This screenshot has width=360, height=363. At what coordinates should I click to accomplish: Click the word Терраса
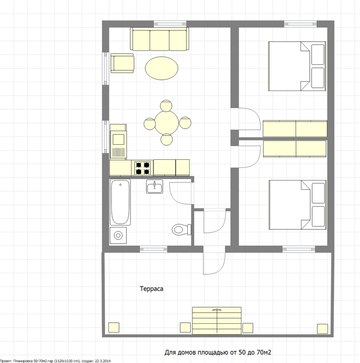[151, 289]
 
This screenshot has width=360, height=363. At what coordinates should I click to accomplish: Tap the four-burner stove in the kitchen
[142, 168]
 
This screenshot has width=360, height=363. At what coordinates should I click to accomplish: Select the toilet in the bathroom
[181, 229]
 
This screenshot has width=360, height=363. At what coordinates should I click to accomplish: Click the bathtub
[120, 202]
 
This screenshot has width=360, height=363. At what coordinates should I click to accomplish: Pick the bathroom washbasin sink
[154, 187]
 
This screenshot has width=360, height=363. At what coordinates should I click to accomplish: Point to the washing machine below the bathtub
[118, 235]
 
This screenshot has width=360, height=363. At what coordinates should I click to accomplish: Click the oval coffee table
[162, 68]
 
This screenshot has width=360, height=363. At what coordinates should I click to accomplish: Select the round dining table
[166, 123]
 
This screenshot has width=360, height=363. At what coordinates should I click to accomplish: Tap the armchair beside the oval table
[122, 63]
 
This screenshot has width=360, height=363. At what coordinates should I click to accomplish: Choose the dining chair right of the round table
[185, 123]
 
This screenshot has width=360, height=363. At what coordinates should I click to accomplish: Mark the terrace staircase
[217, 320]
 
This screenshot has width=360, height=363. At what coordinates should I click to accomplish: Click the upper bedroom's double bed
[297, 66]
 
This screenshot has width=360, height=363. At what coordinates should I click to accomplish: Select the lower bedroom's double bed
[298, 205]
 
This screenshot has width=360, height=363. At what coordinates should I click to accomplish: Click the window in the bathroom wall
[153, 249]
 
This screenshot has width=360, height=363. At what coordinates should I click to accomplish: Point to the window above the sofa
[170, 24]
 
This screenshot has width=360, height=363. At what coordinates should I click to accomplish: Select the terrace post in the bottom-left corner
[114, 327]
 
